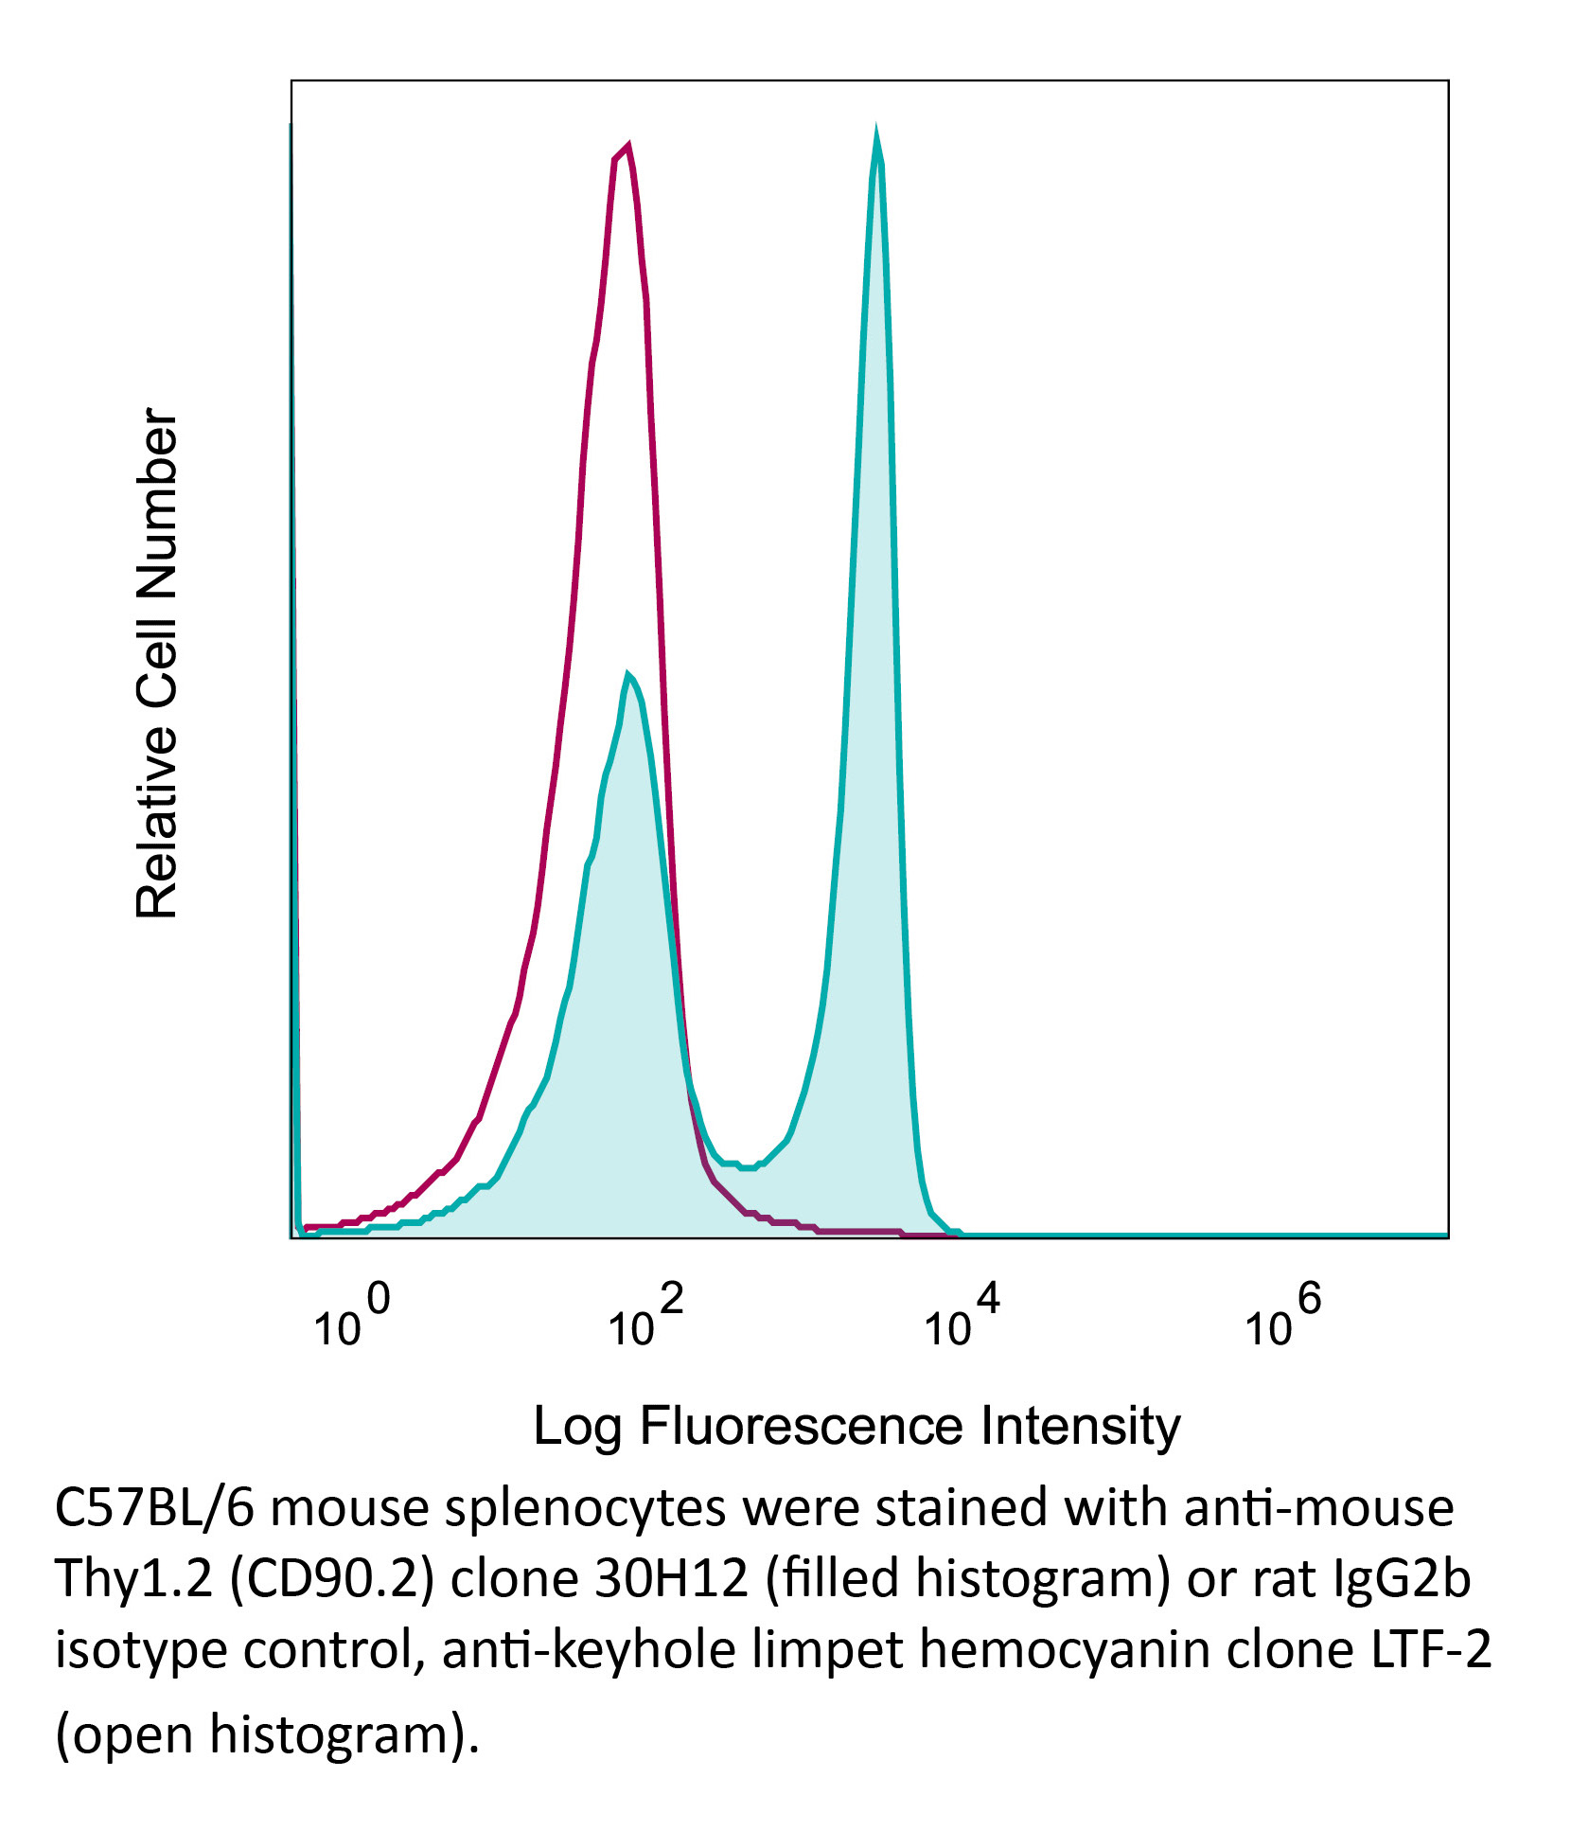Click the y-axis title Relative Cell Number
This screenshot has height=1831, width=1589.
click(x=157, y=663)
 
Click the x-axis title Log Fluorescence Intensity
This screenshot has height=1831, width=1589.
click(x=856, y=1426)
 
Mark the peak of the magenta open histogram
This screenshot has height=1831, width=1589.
click(x=627, y=146)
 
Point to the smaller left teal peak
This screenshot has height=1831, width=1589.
click(x=627, y=674)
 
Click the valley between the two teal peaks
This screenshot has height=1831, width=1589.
click(x=748, y=1166)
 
